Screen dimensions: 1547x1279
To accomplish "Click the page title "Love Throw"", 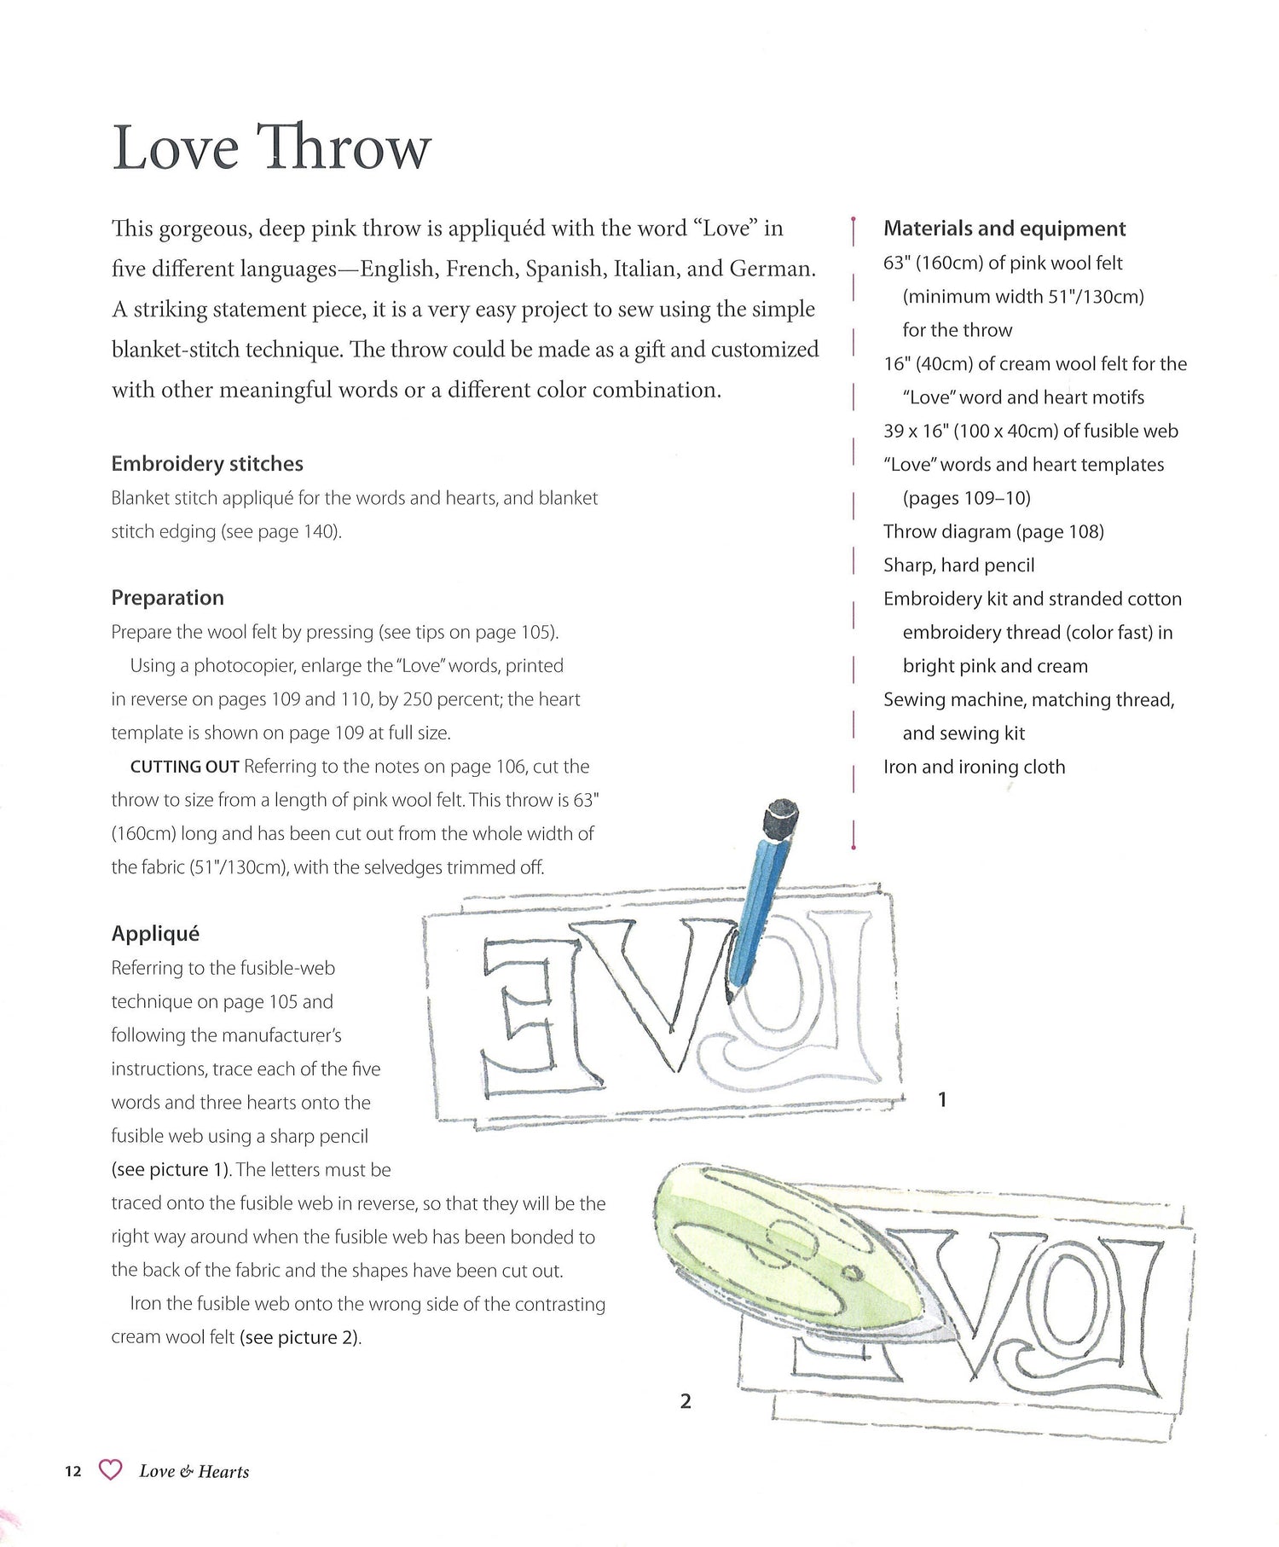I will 271,148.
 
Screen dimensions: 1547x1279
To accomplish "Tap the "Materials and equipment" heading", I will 1004,229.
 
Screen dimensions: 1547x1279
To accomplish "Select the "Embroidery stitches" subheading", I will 207,464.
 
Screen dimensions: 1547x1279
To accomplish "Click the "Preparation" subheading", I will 167,598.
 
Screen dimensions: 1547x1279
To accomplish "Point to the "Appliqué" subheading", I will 155,934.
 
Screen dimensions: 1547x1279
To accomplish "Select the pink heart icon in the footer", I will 110,1470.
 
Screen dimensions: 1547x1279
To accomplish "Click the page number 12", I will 73,1471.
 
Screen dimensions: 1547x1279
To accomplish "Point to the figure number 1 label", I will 941,1100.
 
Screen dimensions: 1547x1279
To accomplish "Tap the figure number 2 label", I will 686,1401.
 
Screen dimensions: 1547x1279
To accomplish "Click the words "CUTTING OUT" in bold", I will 184,767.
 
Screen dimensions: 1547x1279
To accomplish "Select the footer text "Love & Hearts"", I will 194,1471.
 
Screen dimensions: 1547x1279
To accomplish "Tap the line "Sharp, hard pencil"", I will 958,565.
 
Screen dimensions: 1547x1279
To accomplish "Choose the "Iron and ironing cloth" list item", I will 974,767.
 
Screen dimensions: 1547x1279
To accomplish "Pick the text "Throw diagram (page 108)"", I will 993,532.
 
